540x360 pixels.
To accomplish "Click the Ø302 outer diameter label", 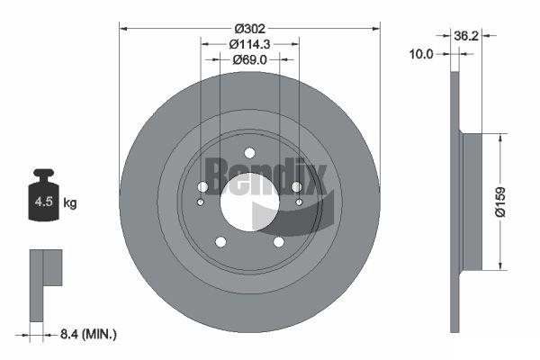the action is tap(250, 29).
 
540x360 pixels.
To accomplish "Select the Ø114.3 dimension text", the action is tap(249, 44).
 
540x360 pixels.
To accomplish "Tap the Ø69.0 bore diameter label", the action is tap(249, 60).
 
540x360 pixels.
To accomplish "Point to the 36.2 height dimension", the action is tap(466, 35).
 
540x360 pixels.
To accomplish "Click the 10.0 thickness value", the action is tap(421, 54).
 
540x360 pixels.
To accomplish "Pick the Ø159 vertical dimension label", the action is tap(500, 202).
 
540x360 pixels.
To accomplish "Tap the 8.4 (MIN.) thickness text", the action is tap(88, 334).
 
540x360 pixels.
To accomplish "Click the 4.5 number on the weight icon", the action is tap(44, 202).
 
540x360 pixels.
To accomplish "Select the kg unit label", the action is tap(70, 202).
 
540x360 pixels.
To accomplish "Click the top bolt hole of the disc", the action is tap(249, 153).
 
